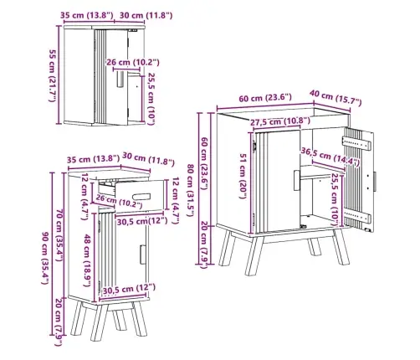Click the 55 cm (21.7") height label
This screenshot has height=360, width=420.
point(52,75)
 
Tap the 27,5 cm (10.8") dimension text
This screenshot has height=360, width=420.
point(279,121)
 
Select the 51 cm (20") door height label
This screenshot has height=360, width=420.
point(243,176)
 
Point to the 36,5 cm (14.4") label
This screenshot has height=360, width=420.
point(330,157)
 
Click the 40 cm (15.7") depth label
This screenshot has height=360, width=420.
point(335,98)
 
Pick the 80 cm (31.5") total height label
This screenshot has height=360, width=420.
point(190,190)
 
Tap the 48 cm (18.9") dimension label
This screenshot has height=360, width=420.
point(87,260)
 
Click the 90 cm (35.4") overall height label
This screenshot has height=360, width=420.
point(45,258)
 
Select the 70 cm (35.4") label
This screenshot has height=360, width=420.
point(59,235)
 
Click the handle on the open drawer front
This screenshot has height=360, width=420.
point(141,197)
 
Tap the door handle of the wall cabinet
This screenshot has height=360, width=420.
point(120,80)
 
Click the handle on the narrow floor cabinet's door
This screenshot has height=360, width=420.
point(143,255)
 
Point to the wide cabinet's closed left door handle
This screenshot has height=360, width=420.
point(296,180)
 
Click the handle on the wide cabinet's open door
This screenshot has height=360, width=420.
point(375,182)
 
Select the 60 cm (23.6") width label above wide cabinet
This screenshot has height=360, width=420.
point(265,98)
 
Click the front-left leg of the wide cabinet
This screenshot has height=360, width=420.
point(254,256)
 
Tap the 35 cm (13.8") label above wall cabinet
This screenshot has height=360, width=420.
point(87,15)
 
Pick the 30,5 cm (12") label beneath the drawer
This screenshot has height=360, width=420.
point(142,222)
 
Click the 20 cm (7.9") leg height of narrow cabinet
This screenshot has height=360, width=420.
point(59,322)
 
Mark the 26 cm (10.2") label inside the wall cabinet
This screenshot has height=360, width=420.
point(133,63)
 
